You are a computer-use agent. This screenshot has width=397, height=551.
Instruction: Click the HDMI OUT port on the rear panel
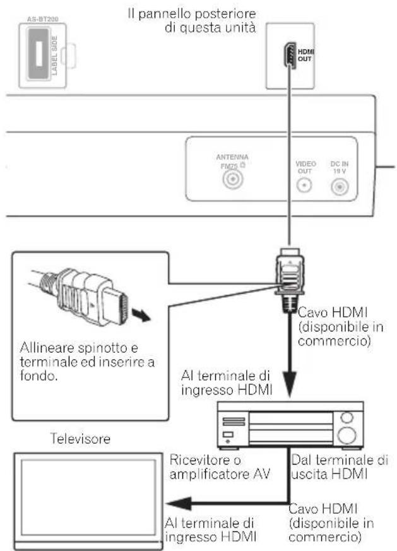pyautogui.click(x=290, y=55)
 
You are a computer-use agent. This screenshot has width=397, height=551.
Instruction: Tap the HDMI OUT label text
pyautogui.click(x=305, y=55)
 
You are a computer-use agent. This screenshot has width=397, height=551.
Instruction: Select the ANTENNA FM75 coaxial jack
pyautogui.click(x=232, y=180)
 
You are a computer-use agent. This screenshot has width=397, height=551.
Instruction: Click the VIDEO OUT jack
pyautogui.click(x=304, y=185)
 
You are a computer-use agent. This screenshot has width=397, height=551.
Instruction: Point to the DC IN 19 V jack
pyautogui.click(x=340, y=187)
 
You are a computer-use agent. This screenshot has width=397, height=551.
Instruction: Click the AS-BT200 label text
pyautogui.click(x=42, y=20)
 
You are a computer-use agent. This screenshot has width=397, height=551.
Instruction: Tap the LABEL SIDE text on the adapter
pyautogui.click(x=54, y=55)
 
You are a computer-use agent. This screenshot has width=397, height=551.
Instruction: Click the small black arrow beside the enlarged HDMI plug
pyautogui.click(x=141, y=314)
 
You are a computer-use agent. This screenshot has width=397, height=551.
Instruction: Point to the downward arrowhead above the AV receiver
pyautogui.click(x=290, y=385)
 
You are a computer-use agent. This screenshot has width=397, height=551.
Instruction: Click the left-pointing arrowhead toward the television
pyautogui.click(x=179, y=504)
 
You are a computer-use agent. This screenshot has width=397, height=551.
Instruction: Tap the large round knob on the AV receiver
pyautogui.click(x=347, y=435)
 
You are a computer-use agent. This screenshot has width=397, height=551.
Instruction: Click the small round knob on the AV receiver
pyautogui.click(x=347, y=417)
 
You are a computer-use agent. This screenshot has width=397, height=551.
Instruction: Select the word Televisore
pyautogui.click(x=80, y=439)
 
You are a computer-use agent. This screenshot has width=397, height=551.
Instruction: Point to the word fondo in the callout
pyautogui.click(x=39, y=376)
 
